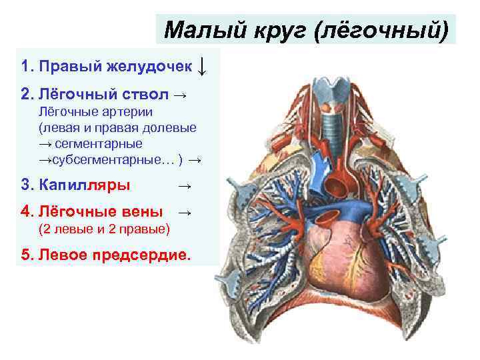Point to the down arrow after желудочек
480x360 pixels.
[203, 65]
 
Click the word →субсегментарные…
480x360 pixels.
[107, 160]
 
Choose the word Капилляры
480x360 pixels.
[85, 184]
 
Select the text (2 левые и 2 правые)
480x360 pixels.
[104, 229]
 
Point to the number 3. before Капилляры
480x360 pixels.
[27, 184]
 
